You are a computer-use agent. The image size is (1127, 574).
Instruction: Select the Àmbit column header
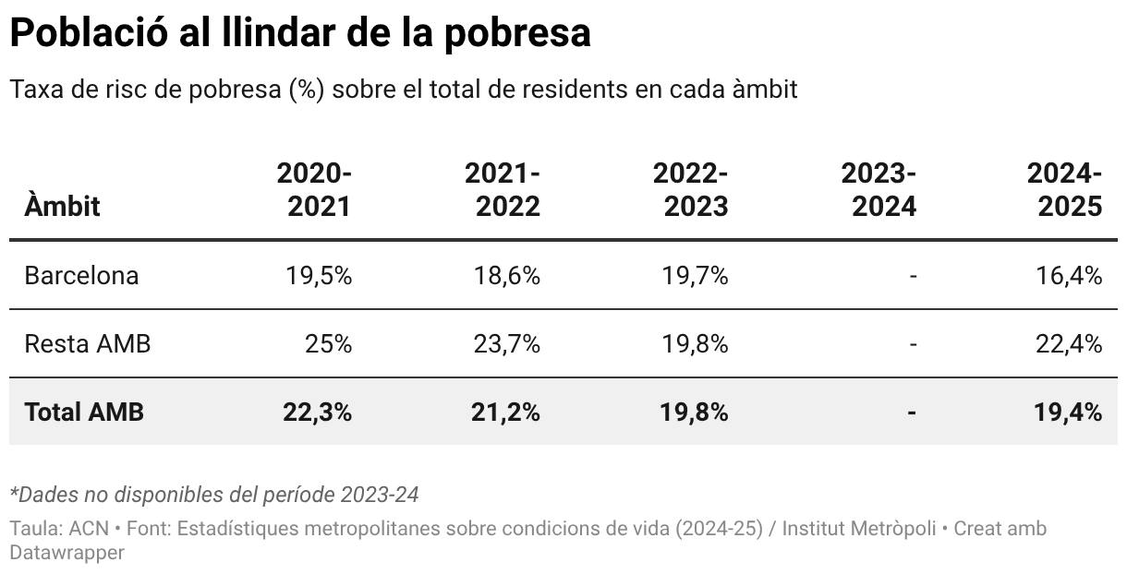click(62, 206)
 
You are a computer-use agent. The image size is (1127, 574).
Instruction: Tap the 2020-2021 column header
click(314, 189)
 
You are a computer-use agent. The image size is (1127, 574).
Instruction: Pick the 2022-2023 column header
click(690, 189)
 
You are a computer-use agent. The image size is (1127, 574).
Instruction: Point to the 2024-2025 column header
click(1065, 189)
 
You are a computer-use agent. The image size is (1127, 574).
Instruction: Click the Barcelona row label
click(81, 275)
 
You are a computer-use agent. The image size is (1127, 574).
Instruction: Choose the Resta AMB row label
click(87, 344)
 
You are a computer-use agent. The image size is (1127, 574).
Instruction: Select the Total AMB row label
click(84, 412)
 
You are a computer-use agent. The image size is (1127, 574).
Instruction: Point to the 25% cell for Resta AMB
click(328, 344)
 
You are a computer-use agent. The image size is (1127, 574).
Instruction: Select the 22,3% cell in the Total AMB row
click(317, 412)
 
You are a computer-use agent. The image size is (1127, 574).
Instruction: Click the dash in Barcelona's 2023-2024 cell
click(913, 275)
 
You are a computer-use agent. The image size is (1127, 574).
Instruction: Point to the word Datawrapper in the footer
click(67, 553)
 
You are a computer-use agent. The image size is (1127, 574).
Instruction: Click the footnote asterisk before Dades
click(14, 492)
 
